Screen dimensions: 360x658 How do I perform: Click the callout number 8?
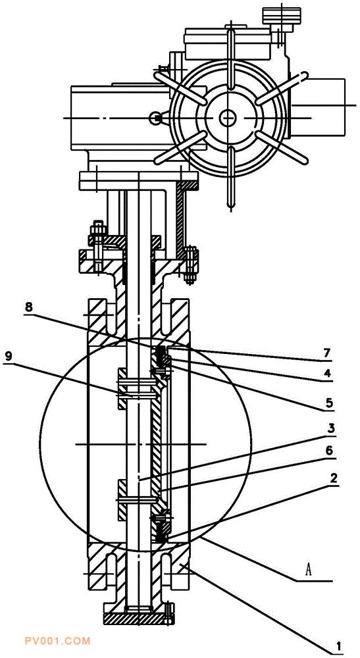[x=28, y=307]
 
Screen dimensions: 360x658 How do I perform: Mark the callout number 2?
[x=334, y=478]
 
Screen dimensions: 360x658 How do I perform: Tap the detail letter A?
[x=309, y=570]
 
